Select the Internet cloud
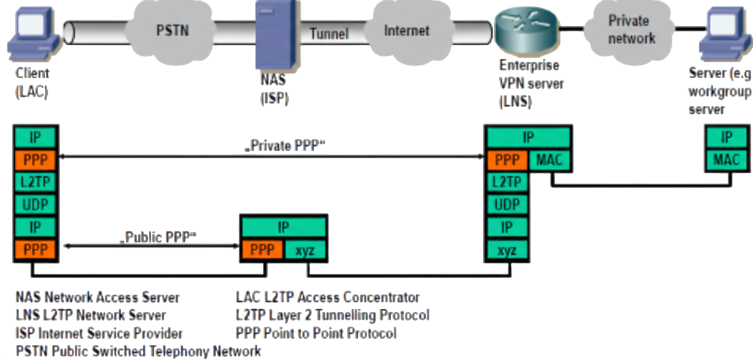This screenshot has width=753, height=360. (408, 31)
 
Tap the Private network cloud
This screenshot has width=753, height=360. (629, 30)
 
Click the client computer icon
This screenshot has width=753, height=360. (34, 34)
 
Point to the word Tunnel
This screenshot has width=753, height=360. (329, 34)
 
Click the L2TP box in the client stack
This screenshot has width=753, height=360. (35, 182)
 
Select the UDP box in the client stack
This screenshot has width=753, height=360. (35, 204)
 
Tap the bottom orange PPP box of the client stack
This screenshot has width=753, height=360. (35, 250)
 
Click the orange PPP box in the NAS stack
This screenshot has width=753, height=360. (262, 250)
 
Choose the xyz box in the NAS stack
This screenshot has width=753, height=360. (305, 250)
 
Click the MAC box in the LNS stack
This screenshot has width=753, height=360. (549, 159)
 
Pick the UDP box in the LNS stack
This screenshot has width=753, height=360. (507, 204)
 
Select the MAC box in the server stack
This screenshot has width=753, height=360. (727, 159)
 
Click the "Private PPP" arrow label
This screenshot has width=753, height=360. (285, 145)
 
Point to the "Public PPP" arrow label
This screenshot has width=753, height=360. (158, 237)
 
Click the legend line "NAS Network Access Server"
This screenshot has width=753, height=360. (98, 298)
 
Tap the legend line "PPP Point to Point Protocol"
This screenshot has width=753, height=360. (316, 334)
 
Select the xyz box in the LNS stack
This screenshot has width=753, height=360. (507, 251)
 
